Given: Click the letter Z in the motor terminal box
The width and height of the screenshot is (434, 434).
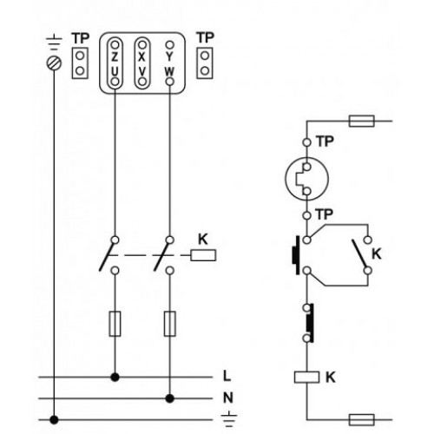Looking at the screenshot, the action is tap(115, 57).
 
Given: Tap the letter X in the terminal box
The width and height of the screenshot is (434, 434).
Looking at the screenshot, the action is tap(141, 57).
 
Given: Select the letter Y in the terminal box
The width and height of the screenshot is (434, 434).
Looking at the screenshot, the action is tap(169, 57).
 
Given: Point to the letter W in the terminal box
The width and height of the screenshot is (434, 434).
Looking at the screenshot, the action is tap(169, 71).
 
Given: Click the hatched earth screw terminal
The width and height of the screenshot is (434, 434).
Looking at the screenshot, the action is tap(54, 63).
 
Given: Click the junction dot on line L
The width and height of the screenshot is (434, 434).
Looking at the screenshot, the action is tap(115, 377).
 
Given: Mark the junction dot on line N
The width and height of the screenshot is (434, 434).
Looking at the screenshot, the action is tap(170, 398).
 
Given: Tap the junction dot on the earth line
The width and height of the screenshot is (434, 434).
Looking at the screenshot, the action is tap(54, 419).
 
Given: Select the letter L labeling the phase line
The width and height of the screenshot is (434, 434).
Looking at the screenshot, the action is tap(227, 376).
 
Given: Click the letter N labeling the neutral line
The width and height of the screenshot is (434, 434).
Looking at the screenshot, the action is tap(228, 398).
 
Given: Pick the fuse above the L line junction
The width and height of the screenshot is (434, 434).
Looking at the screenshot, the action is tap(115, 324).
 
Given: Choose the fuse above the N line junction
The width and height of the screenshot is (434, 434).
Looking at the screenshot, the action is tap(170, 324).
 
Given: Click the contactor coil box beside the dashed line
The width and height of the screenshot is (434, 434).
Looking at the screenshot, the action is tap(203, 255).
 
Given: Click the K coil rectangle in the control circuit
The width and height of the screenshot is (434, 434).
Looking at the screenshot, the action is tap(306, 378).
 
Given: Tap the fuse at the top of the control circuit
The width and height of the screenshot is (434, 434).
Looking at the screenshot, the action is tap(362, 121).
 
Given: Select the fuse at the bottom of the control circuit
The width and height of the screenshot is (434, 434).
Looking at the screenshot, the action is tap(362, 419).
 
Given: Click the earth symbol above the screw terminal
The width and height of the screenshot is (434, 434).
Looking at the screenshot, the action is tap(54, 43).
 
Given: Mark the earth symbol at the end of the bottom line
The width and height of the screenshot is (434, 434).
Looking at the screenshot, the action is tap(229, 419).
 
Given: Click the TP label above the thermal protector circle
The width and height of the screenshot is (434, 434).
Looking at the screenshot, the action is tap(325, 141).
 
